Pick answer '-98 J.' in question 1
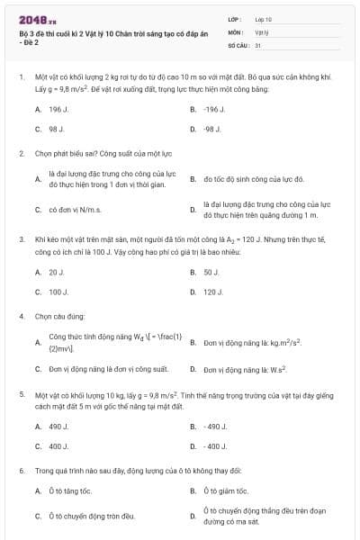coord(212,129)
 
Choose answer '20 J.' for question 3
coord(57,271)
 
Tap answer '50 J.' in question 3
coord(211,271)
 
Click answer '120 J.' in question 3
coord(213,292)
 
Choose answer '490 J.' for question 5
coord(59,426)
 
